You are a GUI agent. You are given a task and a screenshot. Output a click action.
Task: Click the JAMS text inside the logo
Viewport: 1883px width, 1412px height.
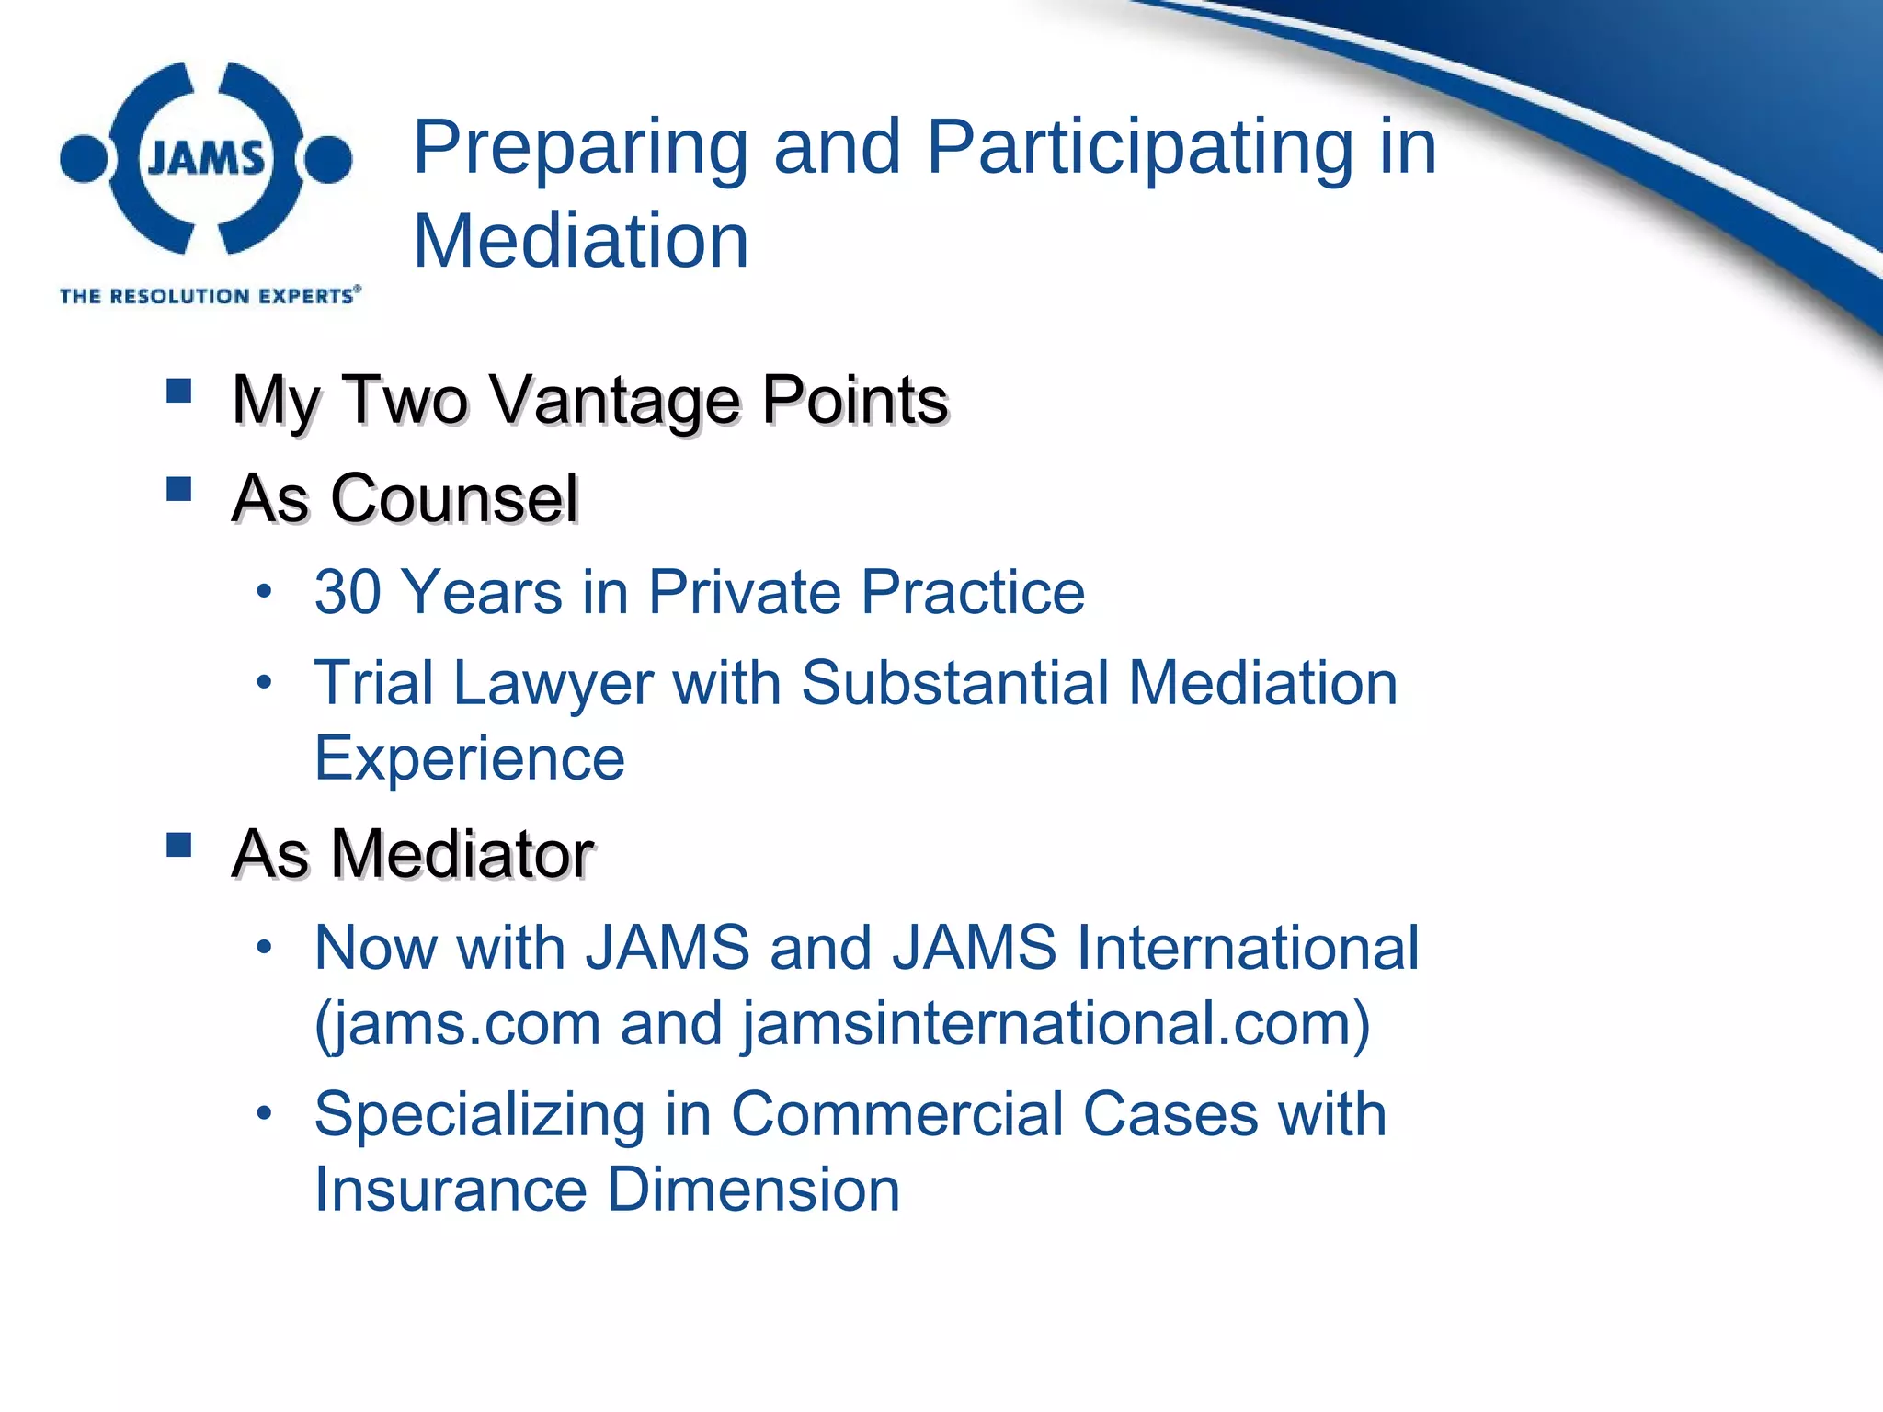pyautogui.click(x=206, y=158)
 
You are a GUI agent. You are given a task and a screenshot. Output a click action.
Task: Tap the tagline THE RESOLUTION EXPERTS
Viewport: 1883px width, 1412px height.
pyautogui.click(x=210, y=295)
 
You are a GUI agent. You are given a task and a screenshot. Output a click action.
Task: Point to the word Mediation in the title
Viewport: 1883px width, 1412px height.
pyautogui.click(x=580, y=241)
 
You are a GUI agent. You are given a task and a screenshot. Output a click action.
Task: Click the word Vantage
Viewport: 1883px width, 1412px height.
pyautogui.click(x=613, y=401)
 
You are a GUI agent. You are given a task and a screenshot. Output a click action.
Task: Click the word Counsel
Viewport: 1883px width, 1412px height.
pyautogui.click(x=454, y=499)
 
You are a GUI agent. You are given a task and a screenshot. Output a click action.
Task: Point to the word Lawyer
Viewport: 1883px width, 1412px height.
pyautogui.click(x=553, y=684)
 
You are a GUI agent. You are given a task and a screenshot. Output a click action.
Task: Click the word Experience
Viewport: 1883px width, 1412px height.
pyautogui.click(x=470, y=758)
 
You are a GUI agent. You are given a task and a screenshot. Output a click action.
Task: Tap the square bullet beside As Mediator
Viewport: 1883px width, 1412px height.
pyautogui.click(x=179, y=844)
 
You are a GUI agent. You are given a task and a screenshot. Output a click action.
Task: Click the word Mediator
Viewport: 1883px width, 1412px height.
pyautogui.click(x=462, y=854)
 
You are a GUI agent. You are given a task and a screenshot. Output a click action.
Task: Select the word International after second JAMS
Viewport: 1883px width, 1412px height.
pyautogui.click(x=1248, y=948)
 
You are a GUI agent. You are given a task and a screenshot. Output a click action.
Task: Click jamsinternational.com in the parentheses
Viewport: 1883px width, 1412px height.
pyautogui.click(x=1049, y=1024)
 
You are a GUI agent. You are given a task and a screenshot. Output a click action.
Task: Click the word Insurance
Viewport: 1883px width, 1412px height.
pyautogui.click(x=451, y=1190)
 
